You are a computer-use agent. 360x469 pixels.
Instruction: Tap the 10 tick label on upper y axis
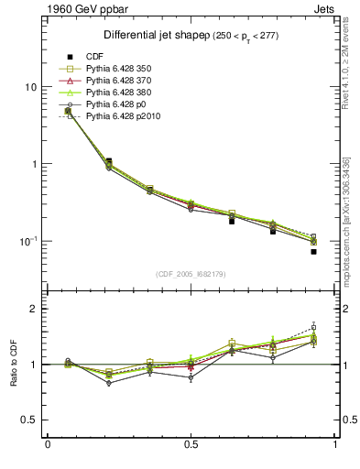(30, 87)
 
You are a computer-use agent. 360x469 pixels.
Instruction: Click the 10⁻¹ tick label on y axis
(28, 240)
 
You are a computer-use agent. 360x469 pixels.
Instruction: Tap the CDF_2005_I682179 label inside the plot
(191, 274)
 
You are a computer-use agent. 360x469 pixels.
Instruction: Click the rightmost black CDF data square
(313, 251)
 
